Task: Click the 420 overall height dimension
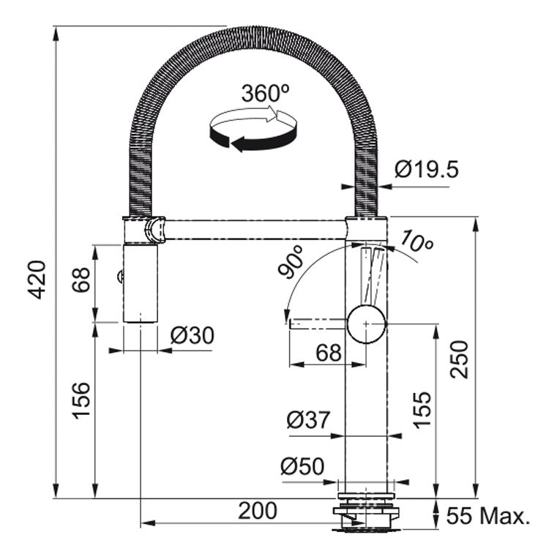click(37, 280)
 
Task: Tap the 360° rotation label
click(266, 93)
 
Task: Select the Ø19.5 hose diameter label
click(426, 169)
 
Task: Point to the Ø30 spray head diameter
click(193, 335)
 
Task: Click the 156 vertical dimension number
click(81, 400)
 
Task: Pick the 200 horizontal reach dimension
click(258, 511)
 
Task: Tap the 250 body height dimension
click(459, 359)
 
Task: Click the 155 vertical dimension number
click(422, 410)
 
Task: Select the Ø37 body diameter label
click(308, 419)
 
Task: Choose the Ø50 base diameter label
click(302, 466)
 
